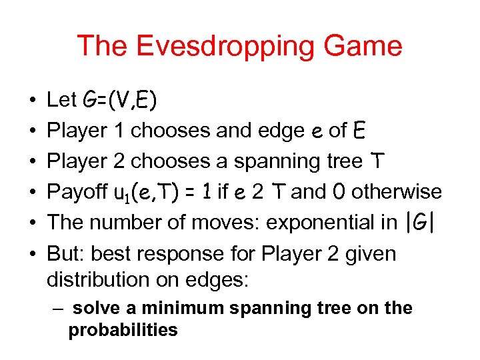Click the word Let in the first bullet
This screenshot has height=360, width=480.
(62, 100)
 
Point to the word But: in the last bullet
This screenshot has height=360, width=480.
(66, 253)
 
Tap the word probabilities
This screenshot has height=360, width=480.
(123, 330)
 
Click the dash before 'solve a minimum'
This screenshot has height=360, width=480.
(59, 309)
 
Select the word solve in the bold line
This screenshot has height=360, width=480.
(93, 309)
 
